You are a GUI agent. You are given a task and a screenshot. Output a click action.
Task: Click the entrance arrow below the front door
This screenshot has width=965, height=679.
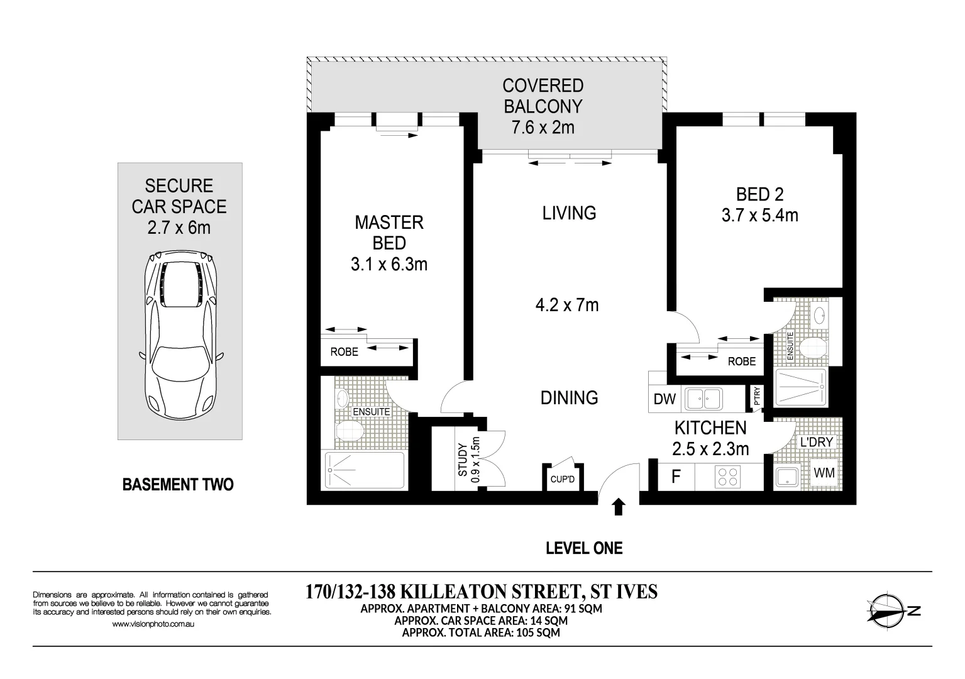tap(619, 507)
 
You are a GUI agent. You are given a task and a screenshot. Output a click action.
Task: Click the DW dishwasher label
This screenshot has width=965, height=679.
tap(664, 399)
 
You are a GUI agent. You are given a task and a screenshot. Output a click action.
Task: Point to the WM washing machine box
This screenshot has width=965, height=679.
tap(824, 472)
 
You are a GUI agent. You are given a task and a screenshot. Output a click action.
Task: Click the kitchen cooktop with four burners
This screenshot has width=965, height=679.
tap(728, 476)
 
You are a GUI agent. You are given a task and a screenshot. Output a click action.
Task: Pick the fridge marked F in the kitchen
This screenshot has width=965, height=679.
tap(676, 477)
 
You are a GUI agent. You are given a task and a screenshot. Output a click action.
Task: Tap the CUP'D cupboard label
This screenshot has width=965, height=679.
tap(563, 480)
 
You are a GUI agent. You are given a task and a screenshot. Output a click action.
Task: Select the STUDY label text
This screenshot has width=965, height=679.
tap(463, 460)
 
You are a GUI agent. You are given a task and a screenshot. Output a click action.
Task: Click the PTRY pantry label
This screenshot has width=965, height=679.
tap(757, 395)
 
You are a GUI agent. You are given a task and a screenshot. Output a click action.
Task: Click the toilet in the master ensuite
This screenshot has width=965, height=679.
tap(350, 432)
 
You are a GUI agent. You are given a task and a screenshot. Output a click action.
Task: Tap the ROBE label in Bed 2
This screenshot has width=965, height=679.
tap(742, 362)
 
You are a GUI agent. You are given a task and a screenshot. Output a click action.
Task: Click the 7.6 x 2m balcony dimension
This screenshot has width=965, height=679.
tap(543, 128)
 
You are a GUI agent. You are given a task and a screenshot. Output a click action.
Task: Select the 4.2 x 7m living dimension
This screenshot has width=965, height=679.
tap(566, 306)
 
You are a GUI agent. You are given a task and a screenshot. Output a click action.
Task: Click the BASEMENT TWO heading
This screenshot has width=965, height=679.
tap(178, 485)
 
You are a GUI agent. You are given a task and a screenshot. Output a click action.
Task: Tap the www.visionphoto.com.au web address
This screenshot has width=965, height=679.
tap(153, 624)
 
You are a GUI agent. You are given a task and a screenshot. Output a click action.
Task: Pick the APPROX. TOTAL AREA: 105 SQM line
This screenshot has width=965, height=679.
tap(481, 632)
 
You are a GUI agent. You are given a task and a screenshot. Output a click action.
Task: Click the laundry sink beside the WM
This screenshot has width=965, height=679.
tap(788, 476)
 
